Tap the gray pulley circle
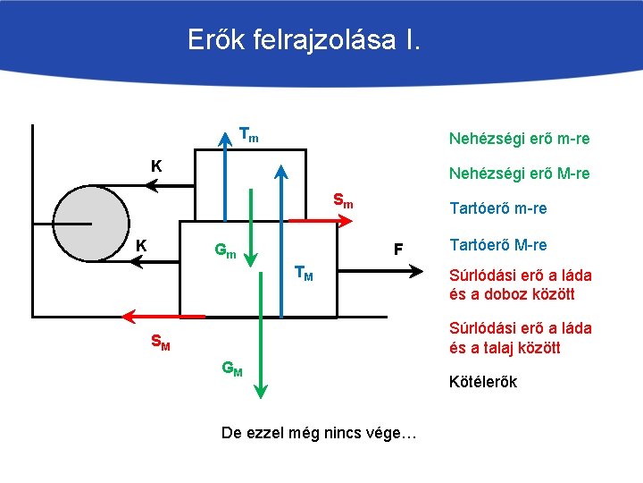click(x=89, y=221)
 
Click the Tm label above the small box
click(x=249, y=135)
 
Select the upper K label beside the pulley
click(x=156, y=166)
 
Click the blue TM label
click(x=304, y=273)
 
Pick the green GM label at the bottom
click(x=231, y=369)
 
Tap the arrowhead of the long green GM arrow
click(x=260, y=391)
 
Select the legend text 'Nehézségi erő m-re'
click(x=518, y=139)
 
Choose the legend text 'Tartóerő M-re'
click(x=498, y=245)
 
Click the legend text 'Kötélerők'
click(x=483, y=382)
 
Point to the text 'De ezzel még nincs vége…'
click(x=319, y=433)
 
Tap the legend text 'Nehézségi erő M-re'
click(x=518, y=174)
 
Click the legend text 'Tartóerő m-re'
click(x=497, y=208)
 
